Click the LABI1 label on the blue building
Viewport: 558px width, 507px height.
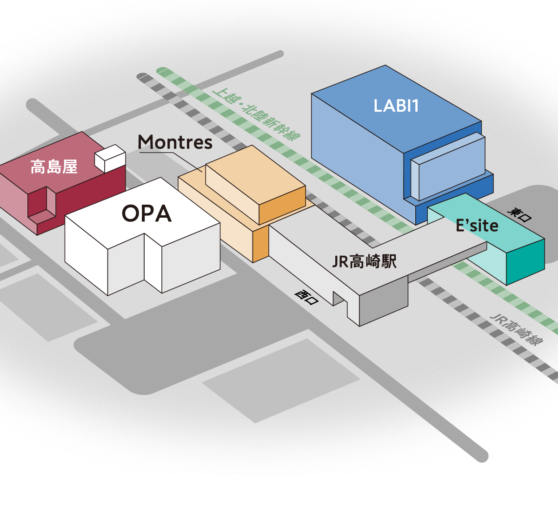click(x=396, y=106)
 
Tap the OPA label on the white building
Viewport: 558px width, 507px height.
click(x=146, y=213)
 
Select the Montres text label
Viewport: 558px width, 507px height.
click(x=175, y=142)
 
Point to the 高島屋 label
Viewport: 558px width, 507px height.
click(x=54, y=167)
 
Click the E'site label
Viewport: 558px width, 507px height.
click(x=477, y=226)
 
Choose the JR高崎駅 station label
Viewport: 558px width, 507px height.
click(x=365, y=261)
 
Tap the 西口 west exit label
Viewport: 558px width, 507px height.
click(x=306, y=297)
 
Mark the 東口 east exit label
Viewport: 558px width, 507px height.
click(x=519, y=214)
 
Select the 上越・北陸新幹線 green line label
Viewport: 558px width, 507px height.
click(x=256, y=114)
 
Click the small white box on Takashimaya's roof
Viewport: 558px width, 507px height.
click(x=110, y=158)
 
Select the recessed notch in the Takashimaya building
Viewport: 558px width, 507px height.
click(x=42, y=205)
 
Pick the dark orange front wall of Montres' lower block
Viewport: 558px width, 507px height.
click(x=261, y=244)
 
